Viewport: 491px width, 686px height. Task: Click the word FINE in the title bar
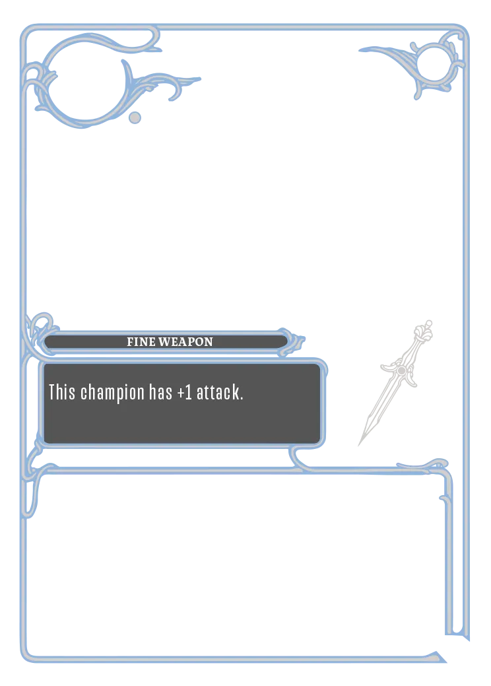(x=141, y=342)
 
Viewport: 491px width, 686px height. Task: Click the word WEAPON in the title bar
(x=185, y=342)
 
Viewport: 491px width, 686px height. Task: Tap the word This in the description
(x=61, y=392)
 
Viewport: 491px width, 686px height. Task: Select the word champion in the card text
(x=112, y=394)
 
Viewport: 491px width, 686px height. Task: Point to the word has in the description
(x=160, y=392)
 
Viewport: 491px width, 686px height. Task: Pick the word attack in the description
(x=217, y=392)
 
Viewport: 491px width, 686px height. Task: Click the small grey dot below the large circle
(x=135, y=118)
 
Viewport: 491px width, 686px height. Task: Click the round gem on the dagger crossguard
(x=401, y=370)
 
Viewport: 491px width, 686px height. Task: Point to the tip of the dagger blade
(x=359, y=446)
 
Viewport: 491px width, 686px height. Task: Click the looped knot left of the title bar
(x=42, y=324)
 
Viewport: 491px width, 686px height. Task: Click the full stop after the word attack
(x=241, y=399)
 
